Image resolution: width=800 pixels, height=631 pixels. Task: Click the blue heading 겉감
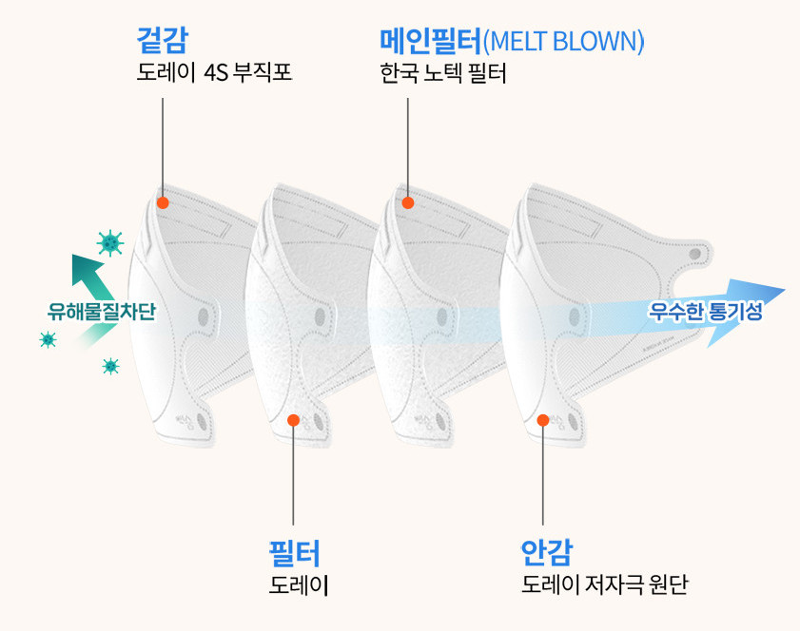click(163, 40)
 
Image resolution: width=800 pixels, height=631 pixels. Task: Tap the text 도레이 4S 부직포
click(214, 72)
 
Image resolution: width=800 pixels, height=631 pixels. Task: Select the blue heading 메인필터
click(431, 41)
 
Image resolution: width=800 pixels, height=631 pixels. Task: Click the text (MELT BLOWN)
click(563, 41)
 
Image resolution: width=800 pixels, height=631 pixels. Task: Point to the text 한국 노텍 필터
click(443, 74)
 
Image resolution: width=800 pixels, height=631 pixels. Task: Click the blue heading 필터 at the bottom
click(294, 553)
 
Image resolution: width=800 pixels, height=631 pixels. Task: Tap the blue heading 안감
click(546, 552)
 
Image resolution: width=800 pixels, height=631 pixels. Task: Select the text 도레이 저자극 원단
click(605, 584)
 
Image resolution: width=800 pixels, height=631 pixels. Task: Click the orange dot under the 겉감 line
click(163, 202)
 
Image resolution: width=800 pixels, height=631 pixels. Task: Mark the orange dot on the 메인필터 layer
click(408, 202)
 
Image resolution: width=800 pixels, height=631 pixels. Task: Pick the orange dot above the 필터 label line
click(293, 420)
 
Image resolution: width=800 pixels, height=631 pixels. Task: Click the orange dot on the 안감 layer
click(543, 420)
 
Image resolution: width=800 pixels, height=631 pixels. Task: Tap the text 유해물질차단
click(101, 312)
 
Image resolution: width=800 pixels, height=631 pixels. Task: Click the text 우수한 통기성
click(705, 311)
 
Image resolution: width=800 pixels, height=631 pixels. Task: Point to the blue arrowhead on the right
click(745, 311)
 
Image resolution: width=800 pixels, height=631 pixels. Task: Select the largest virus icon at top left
click(110, 242)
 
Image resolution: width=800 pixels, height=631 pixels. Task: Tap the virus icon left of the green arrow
click(48, 339)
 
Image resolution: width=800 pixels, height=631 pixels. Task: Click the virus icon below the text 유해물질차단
click(110, 366)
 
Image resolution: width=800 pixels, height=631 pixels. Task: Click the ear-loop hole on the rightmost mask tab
click(694, 254)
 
